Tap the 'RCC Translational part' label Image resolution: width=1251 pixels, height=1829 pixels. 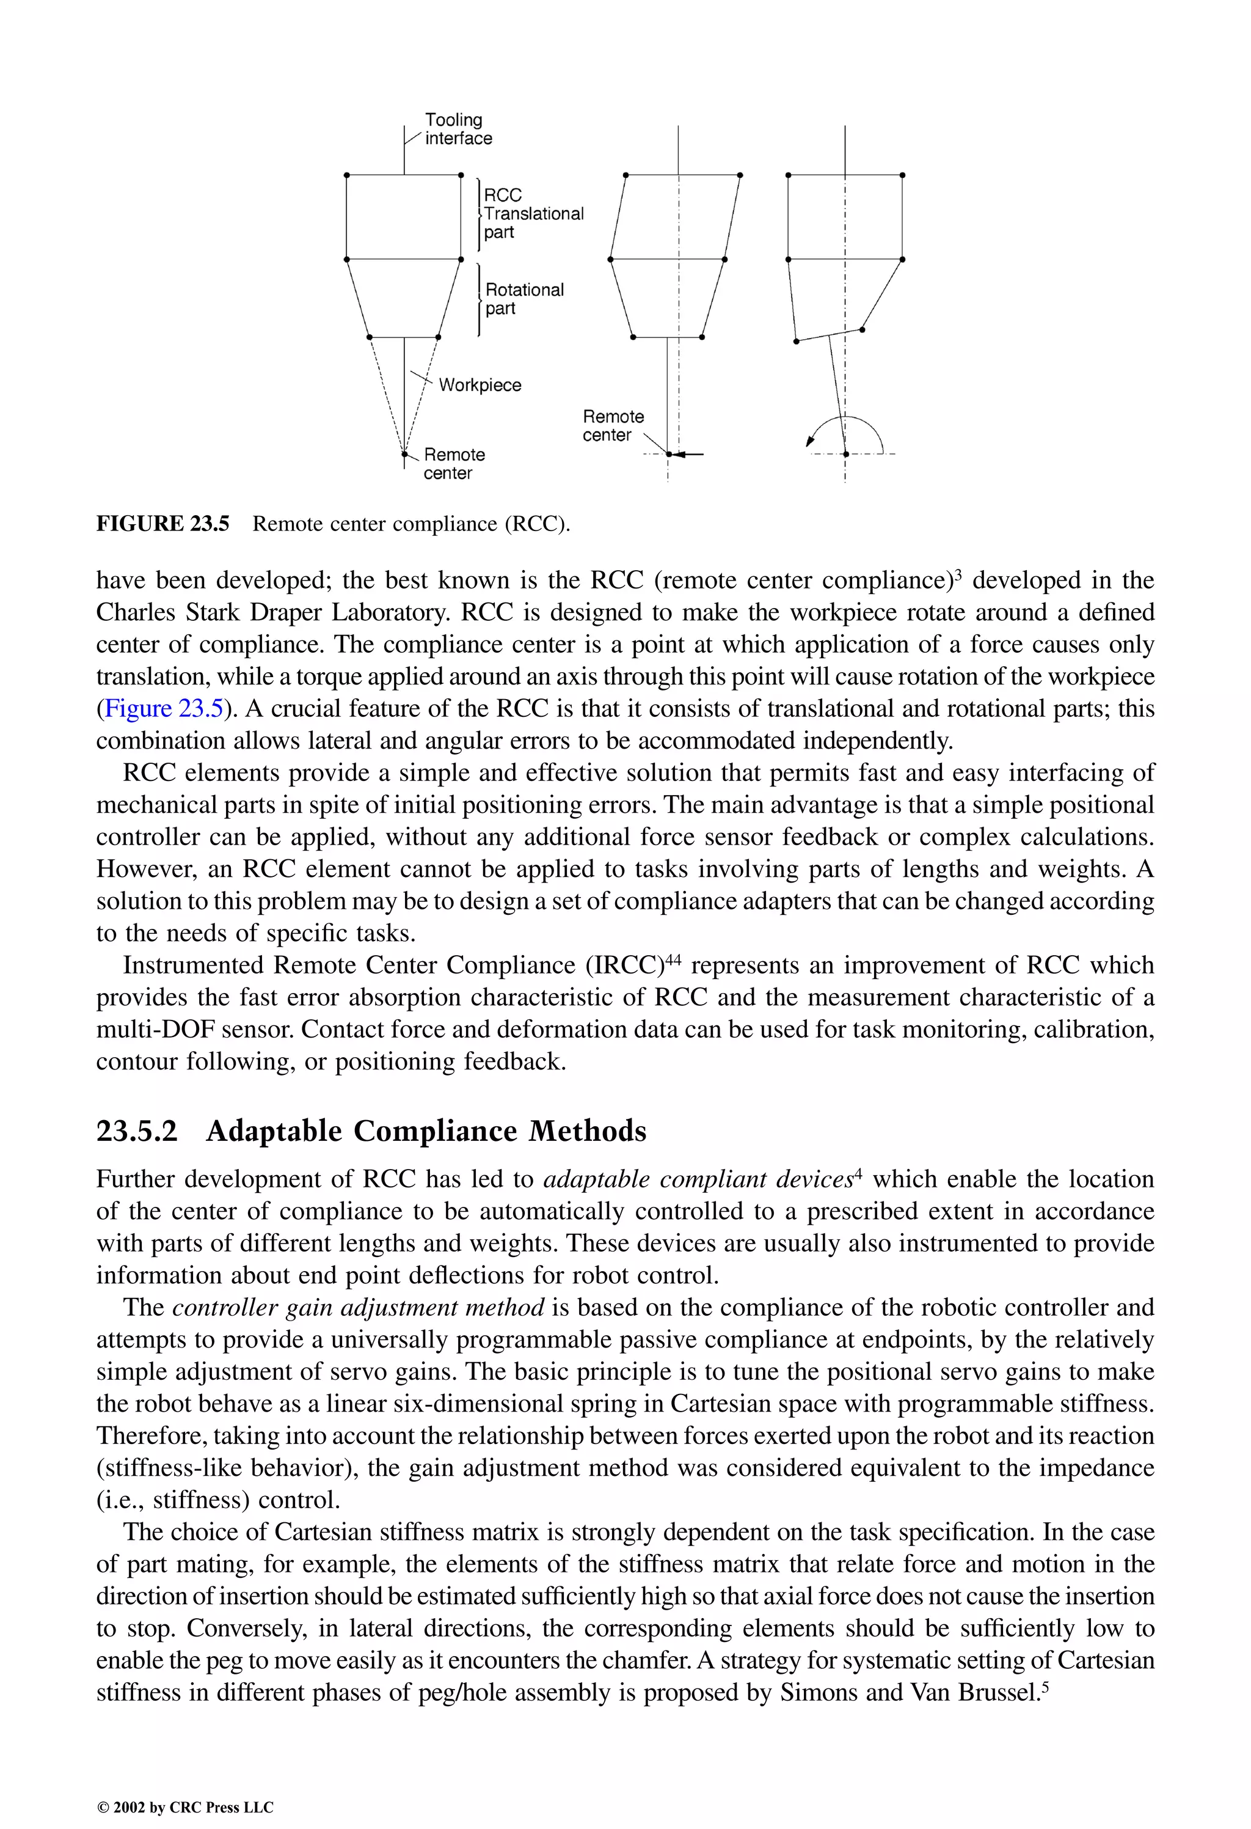point(533,213)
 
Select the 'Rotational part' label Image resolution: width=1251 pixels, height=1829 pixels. point(524,299)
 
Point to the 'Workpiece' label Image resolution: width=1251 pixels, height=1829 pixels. point(479,385)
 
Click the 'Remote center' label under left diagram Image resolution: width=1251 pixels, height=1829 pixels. point(453,464)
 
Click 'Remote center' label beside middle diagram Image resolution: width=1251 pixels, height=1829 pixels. point(612,426)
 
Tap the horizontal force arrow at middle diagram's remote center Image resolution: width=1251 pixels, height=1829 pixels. point(688,454)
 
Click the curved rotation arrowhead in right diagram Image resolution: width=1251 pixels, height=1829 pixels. point(809,443)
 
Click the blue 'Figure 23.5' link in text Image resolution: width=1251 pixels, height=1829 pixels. point(164,708)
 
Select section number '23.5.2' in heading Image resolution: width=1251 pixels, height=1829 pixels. point(137,1132)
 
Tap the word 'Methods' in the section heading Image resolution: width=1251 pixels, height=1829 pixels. point(587,1132)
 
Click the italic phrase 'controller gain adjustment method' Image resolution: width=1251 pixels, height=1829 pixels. point(358,1307)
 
